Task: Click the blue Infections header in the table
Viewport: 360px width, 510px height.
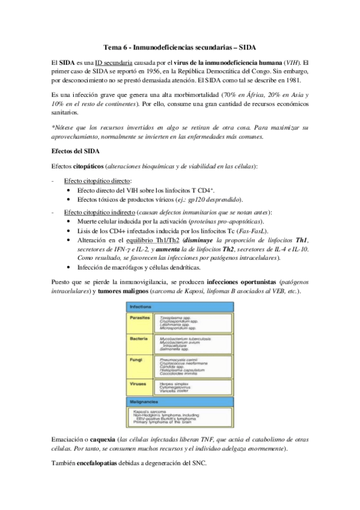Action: click(139, 307)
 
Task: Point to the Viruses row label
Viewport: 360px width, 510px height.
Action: click(136, 383)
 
